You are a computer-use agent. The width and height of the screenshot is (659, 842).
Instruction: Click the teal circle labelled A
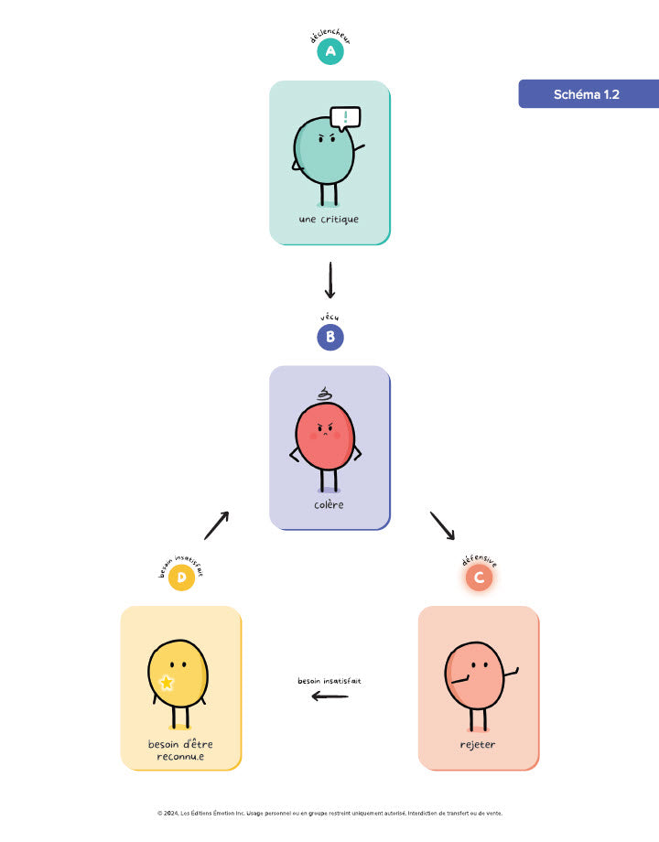[x=329, y=52]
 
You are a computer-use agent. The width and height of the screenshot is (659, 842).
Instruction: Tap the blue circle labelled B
[x=329, y=337]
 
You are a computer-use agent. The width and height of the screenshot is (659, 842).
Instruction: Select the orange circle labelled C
[x=479, y=578]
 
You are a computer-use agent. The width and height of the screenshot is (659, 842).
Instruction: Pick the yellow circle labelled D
[x=181, y=578]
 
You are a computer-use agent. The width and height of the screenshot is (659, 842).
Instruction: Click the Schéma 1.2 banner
[x=588, y=94]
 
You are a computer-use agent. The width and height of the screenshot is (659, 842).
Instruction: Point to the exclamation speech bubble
[x=345, y=117]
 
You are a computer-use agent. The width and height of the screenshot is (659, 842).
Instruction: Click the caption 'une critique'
[x=329, y=220]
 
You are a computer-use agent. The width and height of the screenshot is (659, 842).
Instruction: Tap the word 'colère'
[x=329, y=504]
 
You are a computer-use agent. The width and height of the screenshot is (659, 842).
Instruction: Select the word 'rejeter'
[x=478, y=744]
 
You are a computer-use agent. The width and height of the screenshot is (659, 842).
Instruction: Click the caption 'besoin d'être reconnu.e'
[x=180, y=750]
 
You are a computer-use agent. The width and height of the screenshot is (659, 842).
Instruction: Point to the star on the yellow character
[x=167, y=682]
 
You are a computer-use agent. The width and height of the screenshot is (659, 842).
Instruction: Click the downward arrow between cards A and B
[x=329, y=281]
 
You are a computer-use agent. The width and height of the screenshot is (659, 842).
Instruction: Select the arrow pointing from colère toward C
[x=441, y=525]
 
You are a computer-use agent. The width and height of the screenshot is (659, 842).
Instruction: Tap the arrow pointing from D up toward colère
[x=216, y=525]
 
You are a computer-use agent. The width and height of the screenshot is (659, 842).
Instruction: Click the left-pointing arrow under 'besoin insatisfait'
[x=329, y=696]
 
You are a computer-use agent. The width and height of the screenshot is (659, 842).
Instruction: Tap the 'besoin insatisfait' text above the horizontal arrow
[x=329, y=681]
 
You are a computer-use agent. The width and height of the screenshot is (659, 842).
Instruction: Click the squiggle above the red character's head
[x=324, y=394]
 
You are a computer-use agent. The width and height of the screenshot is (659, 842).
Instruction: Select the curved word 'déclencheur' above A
[x=329, y=38]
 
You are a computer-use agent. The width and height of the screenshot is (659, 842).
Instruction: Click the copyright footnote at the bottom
[x=329, y=813]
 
